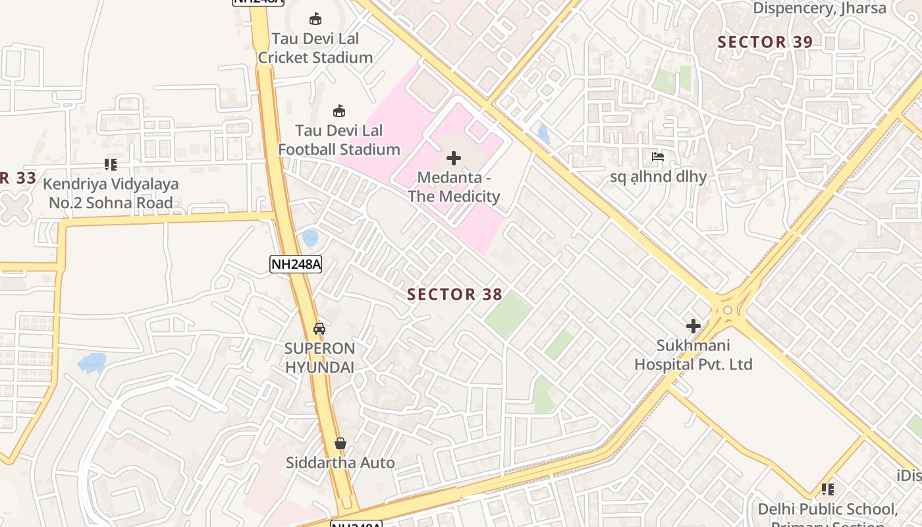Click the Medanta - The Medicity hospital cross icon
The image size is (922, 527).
click(453, 158)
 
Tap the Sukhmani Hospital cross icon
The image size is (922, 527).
click(693, 325)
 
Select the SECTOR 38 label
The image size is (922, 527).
click(454, 294)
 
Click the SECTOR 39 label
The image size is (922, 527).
click(765, 42)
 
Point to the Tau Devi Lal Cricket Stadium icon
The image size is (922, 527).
click(315, 19)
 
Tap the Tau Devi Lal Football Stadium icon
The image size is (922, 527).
click(339, 111)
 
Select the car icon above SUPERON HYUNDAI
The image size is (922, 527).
click(319, 328)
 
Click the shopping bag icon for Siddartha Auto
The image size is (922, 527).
click(340, 443)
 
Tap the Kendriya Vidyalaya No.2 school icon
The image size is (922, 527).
click(111, 164)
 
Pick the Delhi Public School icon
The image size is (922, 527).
click(827, 489)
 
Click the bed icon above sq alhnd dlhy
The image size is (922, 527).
click(657, 157)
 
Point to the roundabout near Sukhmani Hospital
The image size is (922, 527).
click(727, 310)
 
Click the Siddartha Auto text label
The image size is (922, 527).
click(340, 463)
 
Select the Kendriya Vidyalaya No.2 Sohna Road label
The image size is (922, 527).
click(111, 193)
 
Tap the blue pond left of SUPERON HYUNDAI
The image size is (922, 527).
click(92, 362)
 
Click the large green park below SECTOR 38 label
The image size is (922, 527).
click(508, 315)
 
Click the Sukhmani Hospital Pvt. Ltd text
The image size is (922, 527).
click(693, 355)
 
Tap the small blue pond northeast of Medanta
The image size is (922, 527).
click(543, 134)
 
